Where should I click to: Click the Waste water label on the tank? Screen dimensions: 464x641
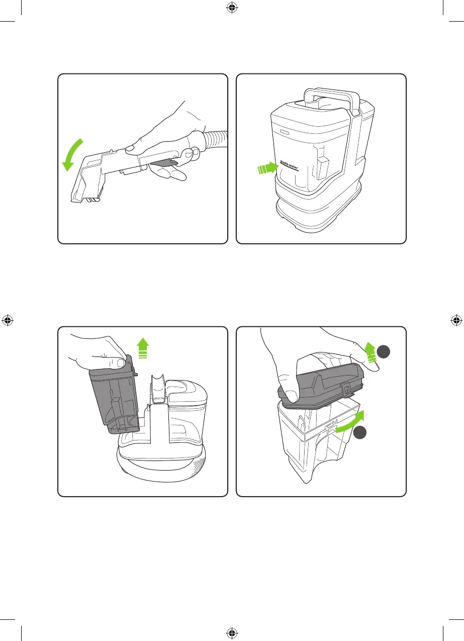289,166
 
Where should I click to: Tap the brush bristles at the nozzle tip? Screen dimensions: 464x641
92,199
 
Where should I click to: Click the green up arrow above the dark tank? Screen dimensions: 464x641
142,348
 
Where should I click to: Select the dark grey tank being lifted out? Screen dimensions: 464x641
115,395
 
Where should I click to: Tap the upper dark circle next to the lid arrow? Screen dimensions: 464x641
384,352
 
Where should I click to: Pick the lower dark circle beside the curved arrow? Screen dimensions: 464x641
360,432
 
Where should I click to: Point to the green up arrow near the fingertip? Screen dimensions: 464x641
370,352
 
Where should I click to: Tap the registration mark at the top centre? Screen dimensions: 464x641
232,8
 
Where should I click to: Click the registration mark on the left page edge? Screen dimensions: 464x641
8,320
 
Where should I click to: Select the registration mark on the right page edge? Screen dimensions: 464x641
456,320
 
